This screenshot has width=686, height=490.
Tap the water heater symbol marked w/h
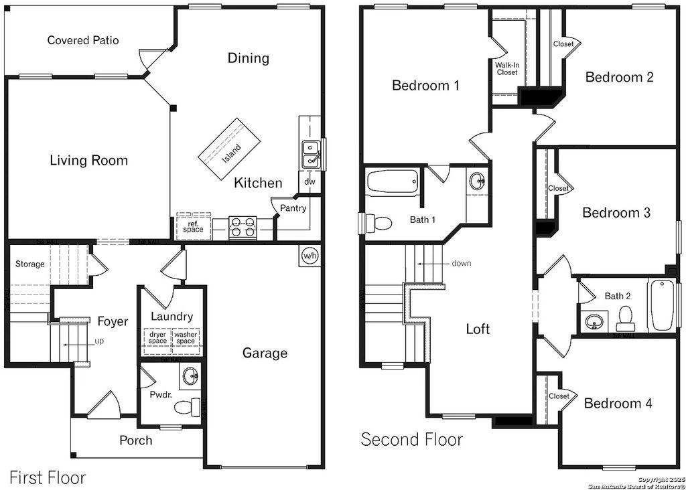310,255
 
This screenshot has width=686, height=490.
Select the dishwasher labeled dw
310,181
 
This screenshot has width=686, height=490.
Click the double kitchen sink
310,154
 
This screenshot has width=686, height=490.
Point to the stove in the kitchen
243,228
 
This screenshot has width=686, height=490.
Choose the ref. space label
193,226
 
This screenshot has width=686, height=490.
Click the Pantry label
293,208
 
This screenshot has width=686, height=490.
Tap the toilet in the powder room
193,406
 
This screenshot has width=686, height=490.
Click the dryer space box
157,337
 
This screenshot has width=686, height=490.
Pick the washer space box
186,337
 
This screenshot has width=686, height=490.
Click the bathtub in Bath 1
393,181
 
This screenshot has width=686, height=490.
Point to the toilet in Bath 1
379,222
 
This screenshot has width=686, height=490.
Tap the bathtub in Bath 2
662,305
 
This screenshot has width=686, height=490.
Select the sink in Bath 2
594,323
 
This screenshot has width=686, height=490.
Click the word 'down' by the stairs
461,263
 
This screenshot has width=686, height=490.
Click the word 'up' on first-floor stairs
99,341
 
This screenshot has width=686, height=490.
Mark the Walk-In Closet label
507,68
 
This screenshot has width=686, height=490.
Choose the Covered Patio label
83,41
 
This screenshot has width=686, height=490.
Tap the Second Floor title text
411,439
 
